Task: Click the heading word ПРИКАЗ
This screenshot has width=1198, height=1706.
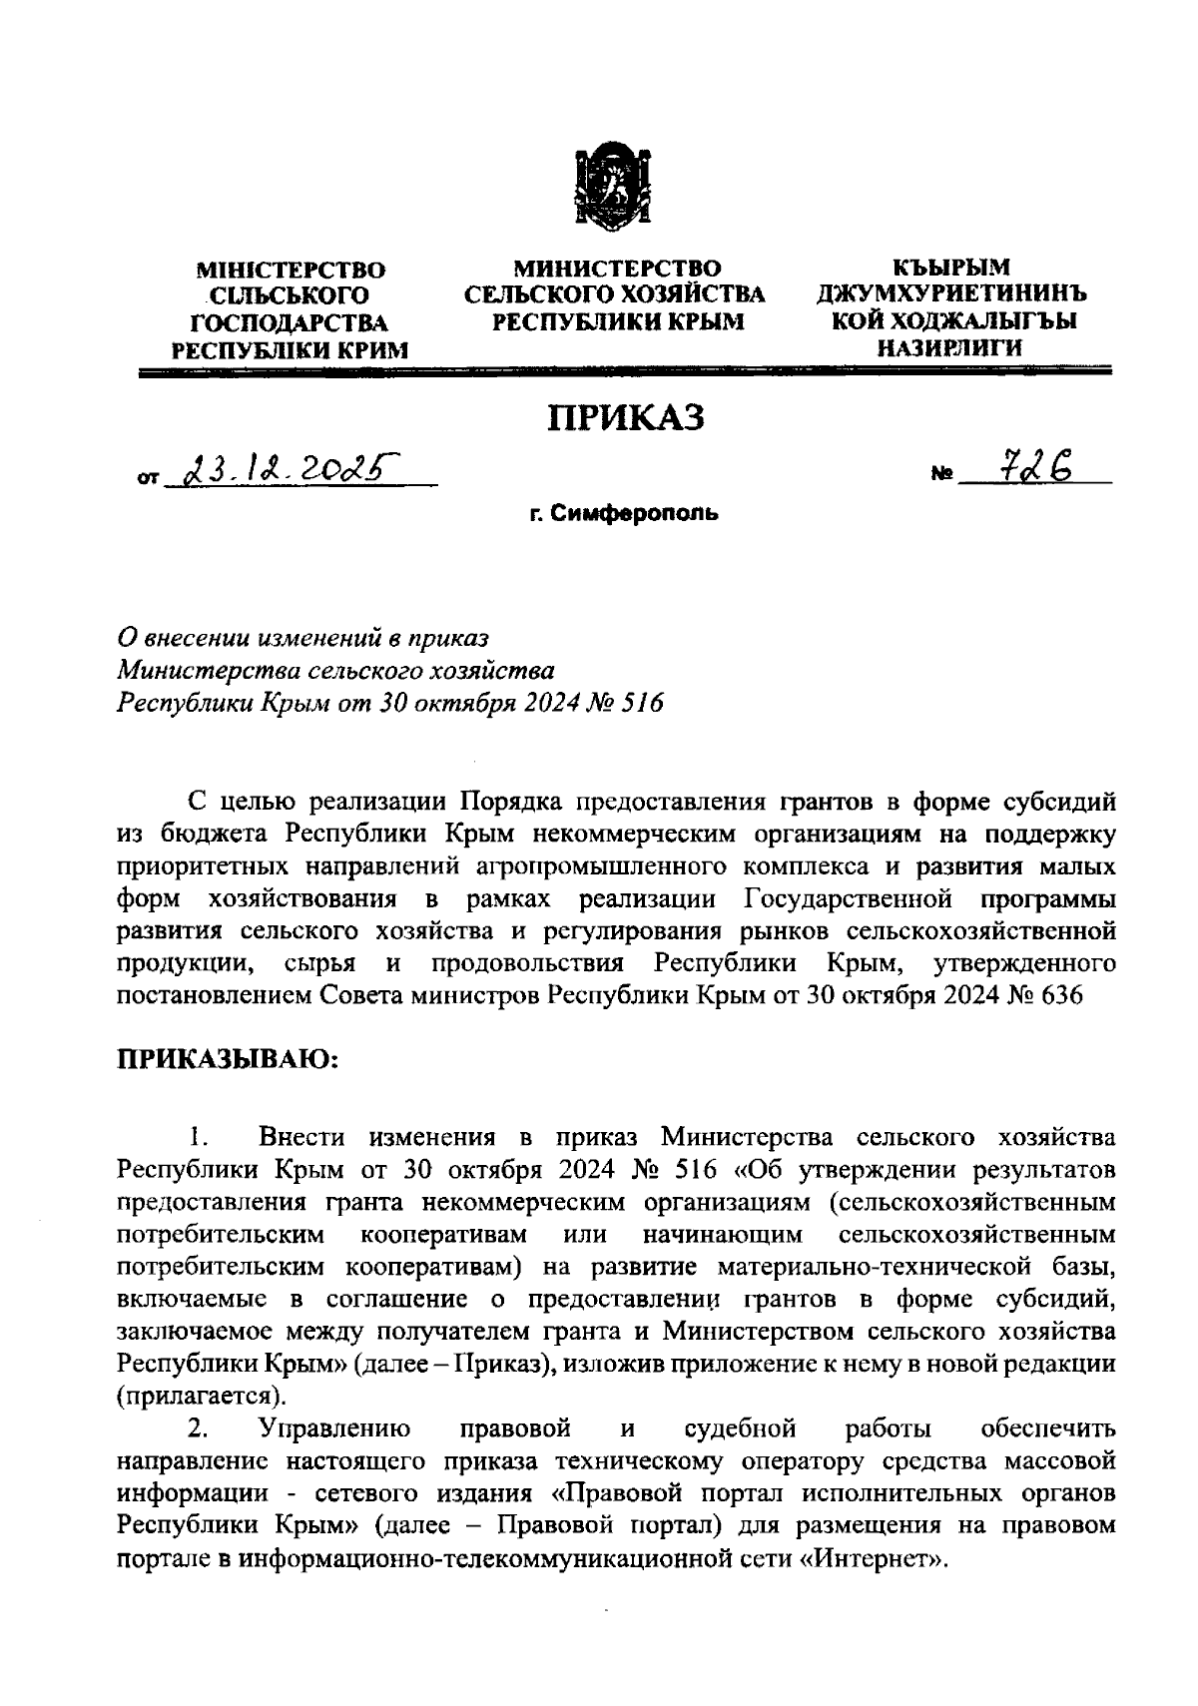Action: click(x=623, y=417)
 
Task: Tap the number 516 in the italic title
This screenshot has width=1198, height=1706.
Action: click(x=642, y=702)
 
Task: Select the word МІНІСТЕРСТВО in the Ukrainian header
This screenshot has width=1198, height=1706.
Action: click(x=291, y=270)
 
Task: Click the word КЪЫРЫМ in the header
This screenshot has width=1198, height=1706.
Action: click(x=950, y=268)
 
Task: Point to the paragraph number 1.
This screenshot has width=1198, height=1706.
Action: click(x=198, y=1137)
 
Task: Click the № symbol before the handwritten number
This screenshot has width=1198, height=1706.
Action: click(x=941, y=477)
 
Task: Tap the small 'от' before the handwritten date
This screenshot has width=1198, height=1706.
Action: click(x=148, y=479)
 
